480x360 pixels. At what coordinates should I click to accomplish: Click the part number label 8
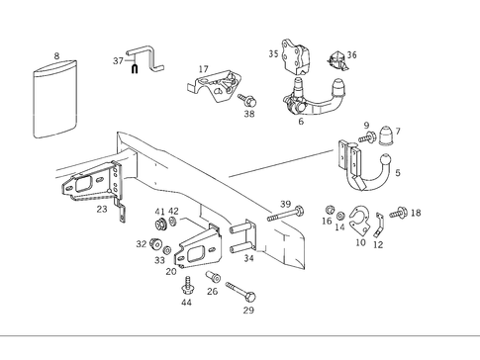56,56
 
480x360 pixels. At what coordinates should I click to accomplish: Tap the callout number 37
118,60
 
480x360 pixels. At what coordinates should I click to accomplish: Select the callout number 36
351,55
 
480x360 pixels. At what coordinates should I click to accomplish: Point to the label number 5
398,173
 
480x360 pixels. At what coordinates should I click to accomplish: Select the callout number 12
378,244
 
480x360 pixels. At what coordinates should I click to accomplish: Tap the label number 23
101,209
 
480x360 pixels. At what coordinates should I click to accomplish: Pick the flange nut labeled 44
186,286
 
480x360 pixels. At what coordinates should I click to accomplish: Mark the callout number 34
248,258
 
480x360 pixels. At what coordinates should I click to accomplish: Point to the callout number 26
212,291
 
